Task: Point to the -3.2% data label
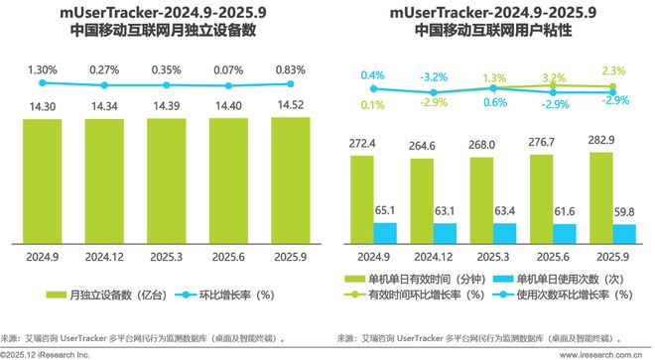tap(432, 75)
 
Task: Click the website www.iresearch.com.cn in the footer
tap(601, 353)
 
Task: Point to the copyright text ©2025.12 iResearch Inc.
tap(45, 353)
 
